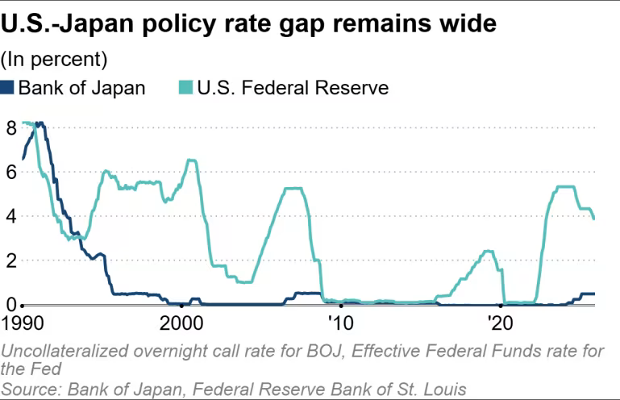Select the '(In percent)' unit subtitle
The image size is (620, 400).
(x=53, y=59)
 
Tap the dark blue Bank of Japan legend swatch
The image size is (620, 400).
(x=8, y=87)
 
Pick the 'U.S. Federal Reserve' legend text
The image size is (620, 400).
(x=293, y=87)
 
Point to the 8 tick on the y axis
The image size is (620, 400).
(x=10, y=127)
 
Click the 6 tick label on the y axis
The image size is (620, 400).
(x=10, y=172)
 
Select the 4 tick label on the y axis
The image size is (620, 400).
(x=10, y=216)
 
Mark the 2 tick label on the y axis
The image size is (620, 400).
(x=10, y=260)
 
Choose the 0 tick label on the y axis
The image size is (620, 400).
(x=10, y=304)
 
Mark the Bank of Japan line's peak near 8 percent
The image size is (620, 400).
(x=40, y=123)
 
